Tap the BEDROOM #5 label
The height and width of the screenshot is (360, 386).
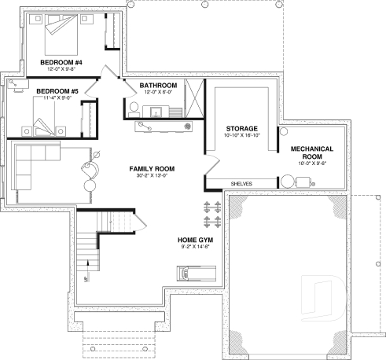click(57, 91)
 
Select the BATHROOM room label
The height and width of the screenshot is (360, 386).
click(158, 84)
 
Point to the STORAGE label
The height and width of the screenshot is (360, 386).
click(242, 128)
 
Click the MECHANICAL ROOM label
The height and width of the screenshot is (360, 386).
click(311, 152)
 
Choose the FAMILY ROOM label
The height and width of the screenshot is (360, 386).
click(152, 168)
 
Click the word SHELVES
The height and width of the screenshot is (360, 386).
click(241, 183)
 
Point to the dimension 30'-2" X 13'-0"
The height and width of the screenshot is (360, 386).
click(152, 175)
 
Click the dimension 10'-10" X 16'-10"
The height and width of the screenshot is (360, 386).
click(242, 135)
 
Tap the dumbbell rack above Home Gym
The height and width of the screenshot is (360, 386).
click(210, 208)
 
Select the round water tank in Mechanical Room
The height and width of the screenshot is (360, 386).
click(288, 182)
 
